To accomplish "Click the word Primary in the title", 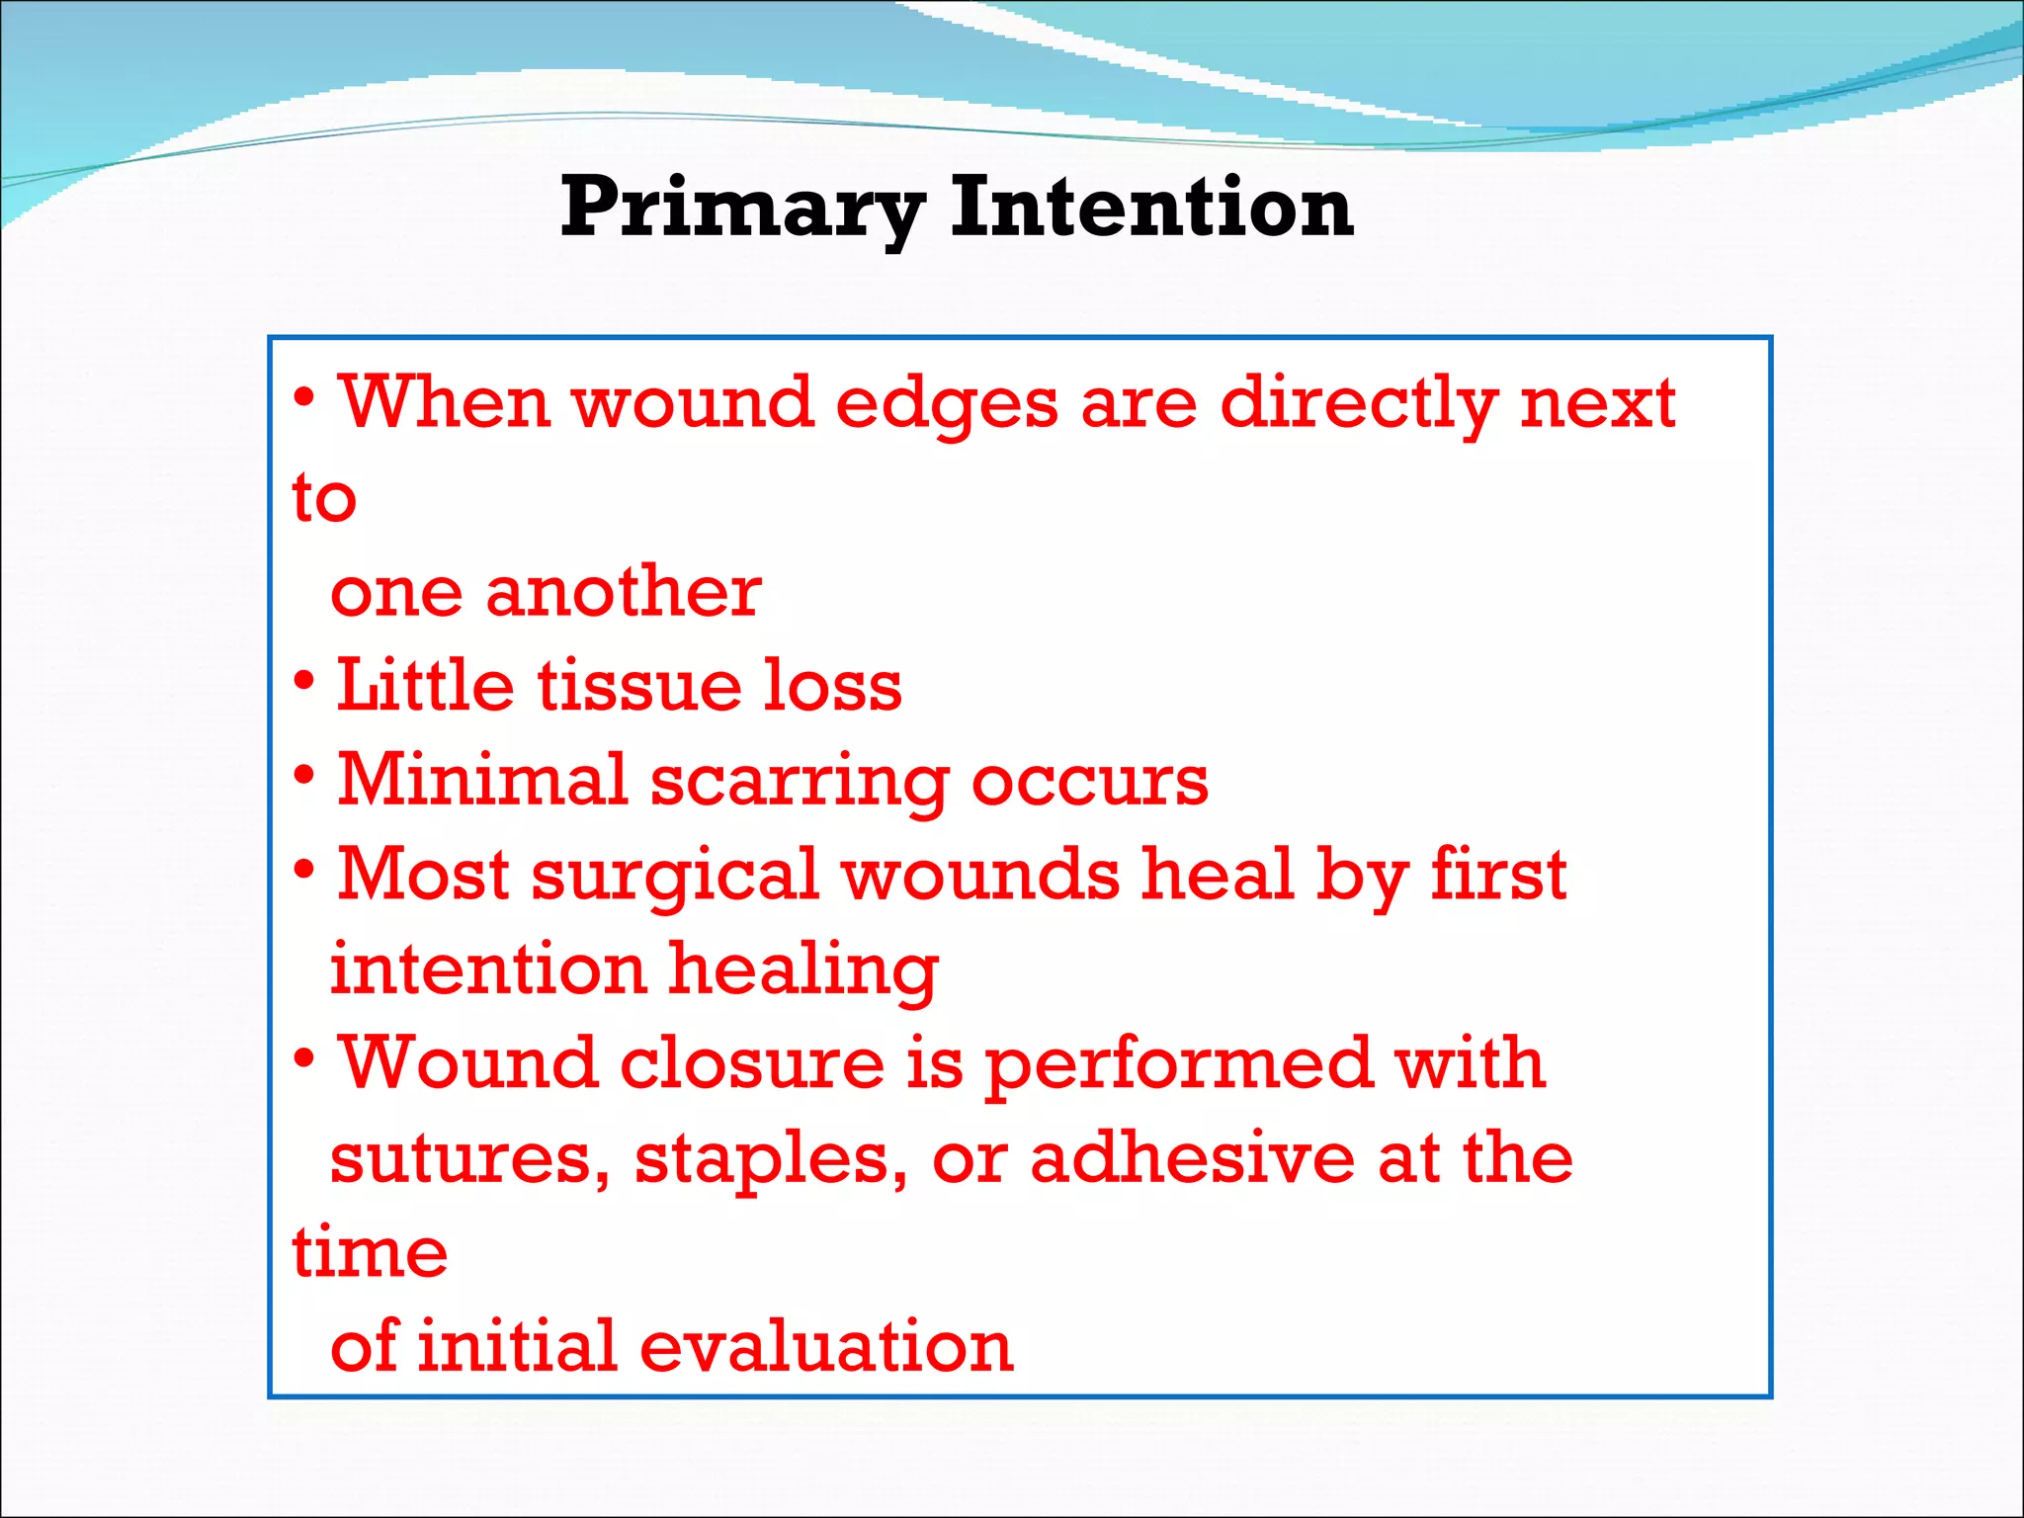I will pos(741,208).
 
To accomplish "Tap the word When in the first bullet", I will pos(444,403).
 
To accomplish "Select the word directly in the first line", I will pos(1359,403).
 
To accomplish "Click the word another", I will pos(624,592).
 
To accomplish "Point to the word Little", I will pos(425,686).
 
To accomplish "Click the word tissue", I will pos(638,686).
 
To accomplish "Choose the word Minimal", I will pos(482,780).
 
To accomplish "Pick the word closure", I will pos(751,1063).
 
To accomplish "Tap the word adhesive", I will pos(1191,1157).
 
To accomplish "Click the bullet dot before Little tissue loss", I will pos(304,681).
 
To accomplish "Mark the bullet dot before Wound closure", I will pos(304,1058).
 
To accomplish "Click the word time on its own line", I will pos(370,1252).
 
